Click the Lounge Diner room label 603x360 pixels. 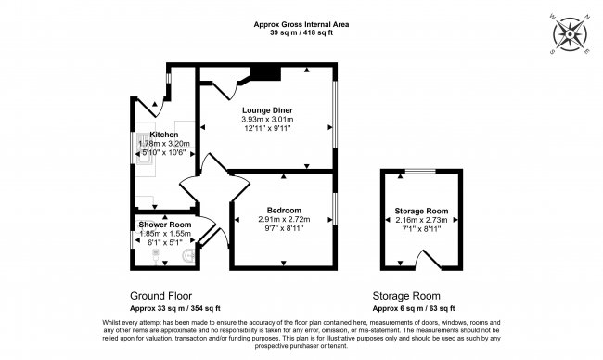pyautogui.click(x=267, y=110)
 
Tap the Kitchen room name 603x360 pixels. pyautogui.click(x=164, y=135)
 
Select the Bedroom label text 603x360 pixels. pyautogui.click(x=284, y=211)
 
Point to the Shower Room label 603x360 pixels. pyautogui.click(x=165, y=225)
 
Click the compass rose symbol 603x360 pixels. pyautogui.click(x=570, y=34)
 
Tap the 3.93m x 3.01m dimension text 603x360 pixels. pyautogui.click(x=267, y=120)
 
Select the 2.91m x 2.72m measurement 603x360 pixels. pyautogui.click(x=284, y=219)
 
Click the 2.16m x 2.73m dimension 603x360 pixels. pyautogui.click(x=421, y=220)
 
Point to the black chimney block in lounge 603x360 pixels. pyautogui.click(x=265, y=73)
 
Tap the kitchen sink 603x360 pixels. pyautogui.click(x=143, y=148)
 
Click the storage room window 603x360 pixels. pyautogui.click(x=421, y=171)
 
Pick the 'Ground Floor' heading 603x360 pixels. pyautogui.click(x=160, y=296)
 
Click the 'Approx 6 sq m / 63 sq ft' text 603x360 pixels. pyautogui.click(x=414, y=308)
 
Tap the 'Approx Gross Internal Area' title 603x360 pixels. pyautogui.click(x=301, y=25)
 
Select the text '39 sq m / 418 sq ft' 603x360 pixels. pyautogui.click(x=301, y=32)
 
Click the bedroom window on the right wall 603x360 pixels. pyautogui.click(x=335, y=209)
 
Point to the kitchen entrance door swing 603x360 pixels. pyautogui.click(x=151, y=107)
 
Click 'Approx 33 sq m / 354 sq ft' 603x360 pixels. pyautogui.click(x=175, y=308)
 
